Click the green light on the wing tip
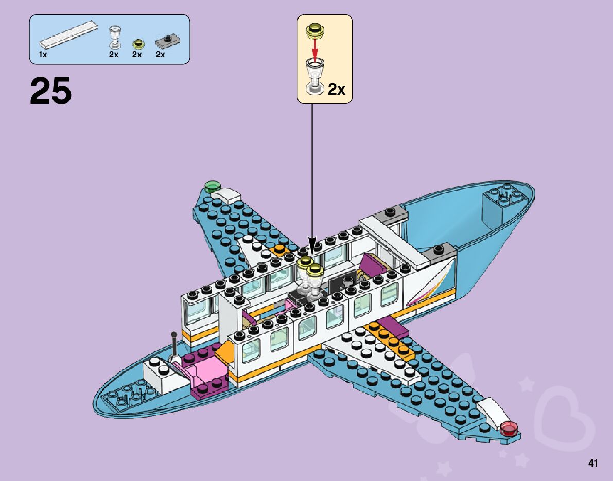212,185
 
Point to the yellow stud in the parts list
137,43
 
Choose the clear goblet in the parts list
114,38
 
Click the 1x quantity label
43,55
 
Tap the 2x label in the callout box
337,90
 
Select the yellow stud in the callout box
314,31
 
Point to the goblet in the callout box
314,75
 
